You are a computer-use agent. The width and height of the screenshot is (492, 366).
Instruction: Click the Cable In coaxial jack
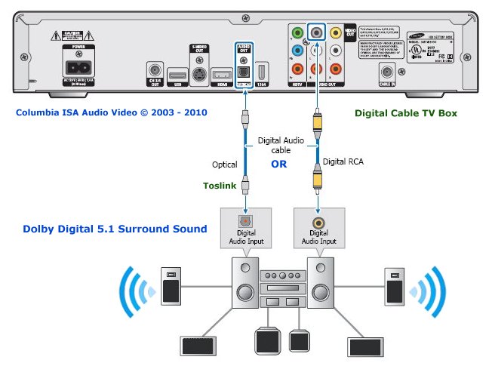pyautogui.click(x=388, y=72)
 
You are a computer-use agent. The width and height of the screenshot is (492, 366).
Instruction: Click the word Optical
pyautogui.click(x=224, y=165)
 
